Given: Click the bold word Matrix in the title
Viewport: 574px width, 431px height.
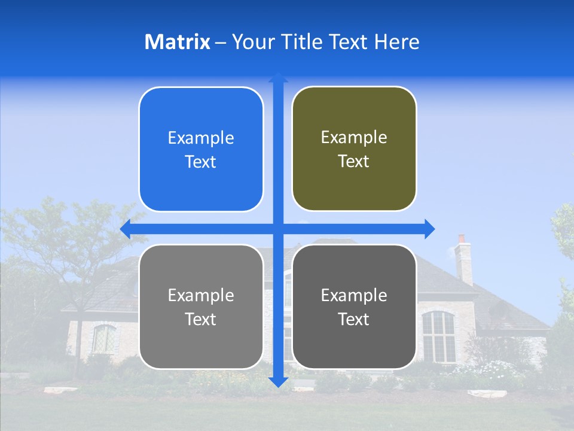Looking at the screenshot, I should (178, 42).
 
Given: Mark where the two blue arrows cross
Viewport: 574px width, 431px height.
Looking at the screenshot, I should (278, 229).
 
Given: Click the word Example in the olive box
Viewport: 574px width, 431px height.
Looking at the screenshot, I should (354, 138).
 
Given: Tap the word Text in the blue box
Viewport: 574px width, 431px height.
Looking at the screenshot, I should (201, 162).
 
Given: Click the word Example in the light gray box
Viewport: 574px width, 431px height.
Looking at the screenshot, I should (201, 295).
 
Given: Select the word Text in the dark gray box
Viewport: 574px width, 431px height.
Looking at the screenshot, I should (354, 320).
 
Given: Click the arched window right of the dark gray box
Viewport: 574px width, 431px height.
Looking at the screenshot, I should (438, 336).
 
